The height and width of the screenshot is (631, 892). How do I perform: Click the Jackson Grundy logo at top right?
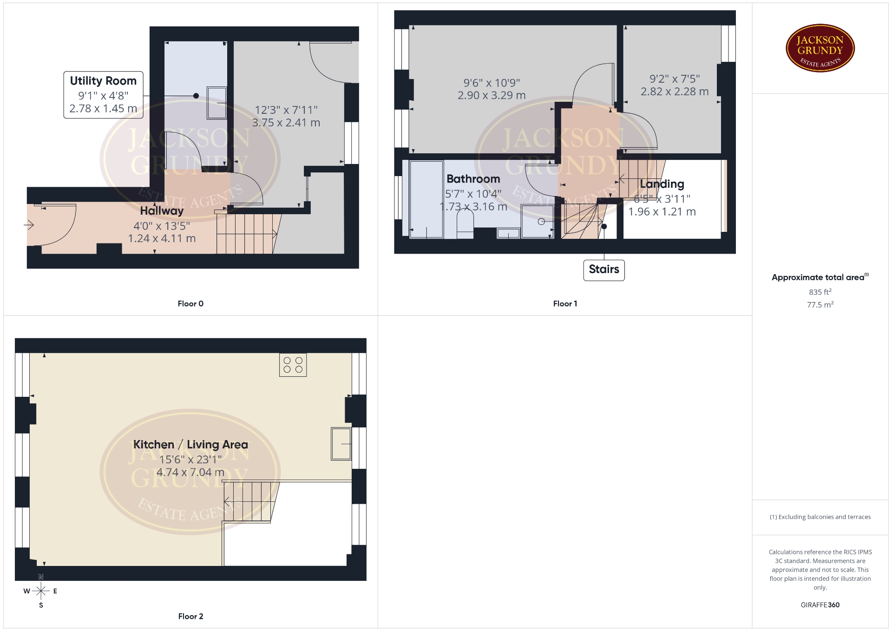click(x=820, y=48)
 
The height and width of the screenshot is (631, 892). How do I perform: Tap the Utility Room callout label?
click(x=103, y=95)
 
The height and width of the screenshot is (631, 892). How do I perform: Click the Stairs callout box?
click(x=604, y=270)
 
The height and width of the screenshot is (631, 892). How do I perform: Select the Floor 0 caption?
click(x=190, y=304)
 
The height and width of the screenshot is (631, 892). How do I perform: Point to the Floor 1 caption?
click(x=565, y=304)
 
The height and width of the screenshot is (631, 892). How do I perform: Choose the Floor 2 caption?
click(x=190, y=617)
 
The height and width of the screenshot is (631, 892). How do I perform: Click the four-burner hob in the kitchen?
click(x=293, y=365)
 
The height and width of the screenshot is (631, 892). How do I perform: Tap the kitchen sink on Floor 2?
click(x=341, y=444)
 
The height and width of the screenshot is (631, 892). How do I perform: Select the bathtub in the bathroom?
click(x=426, y=200)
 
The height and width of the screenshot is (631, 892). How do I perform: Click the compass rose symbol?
click(x=41, y=591)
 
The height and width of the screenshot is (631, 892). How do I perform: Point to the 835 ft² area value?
click(x=820, y=292)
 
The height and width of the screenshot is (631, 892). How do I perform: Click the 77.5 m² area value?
click(x=820, y=305)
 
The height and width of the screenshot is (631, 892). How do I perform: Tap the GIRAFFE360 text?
click(x=820, y=605)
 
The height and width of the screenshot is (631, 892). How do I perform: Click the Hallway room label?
click(x=162, y=210)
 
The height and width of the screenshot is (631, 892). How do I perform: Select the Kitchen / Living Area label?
click(x=190, y=445)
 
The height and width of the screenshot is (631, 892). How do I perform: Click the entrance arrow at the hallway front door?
click(x=29, y=225)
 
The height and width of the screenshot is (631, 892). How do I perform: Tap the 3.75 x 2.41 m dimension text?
click(x=286, y=123)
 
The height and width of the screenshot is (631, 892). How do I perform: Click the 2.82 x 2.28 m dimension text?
click(x=675, y=92)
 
